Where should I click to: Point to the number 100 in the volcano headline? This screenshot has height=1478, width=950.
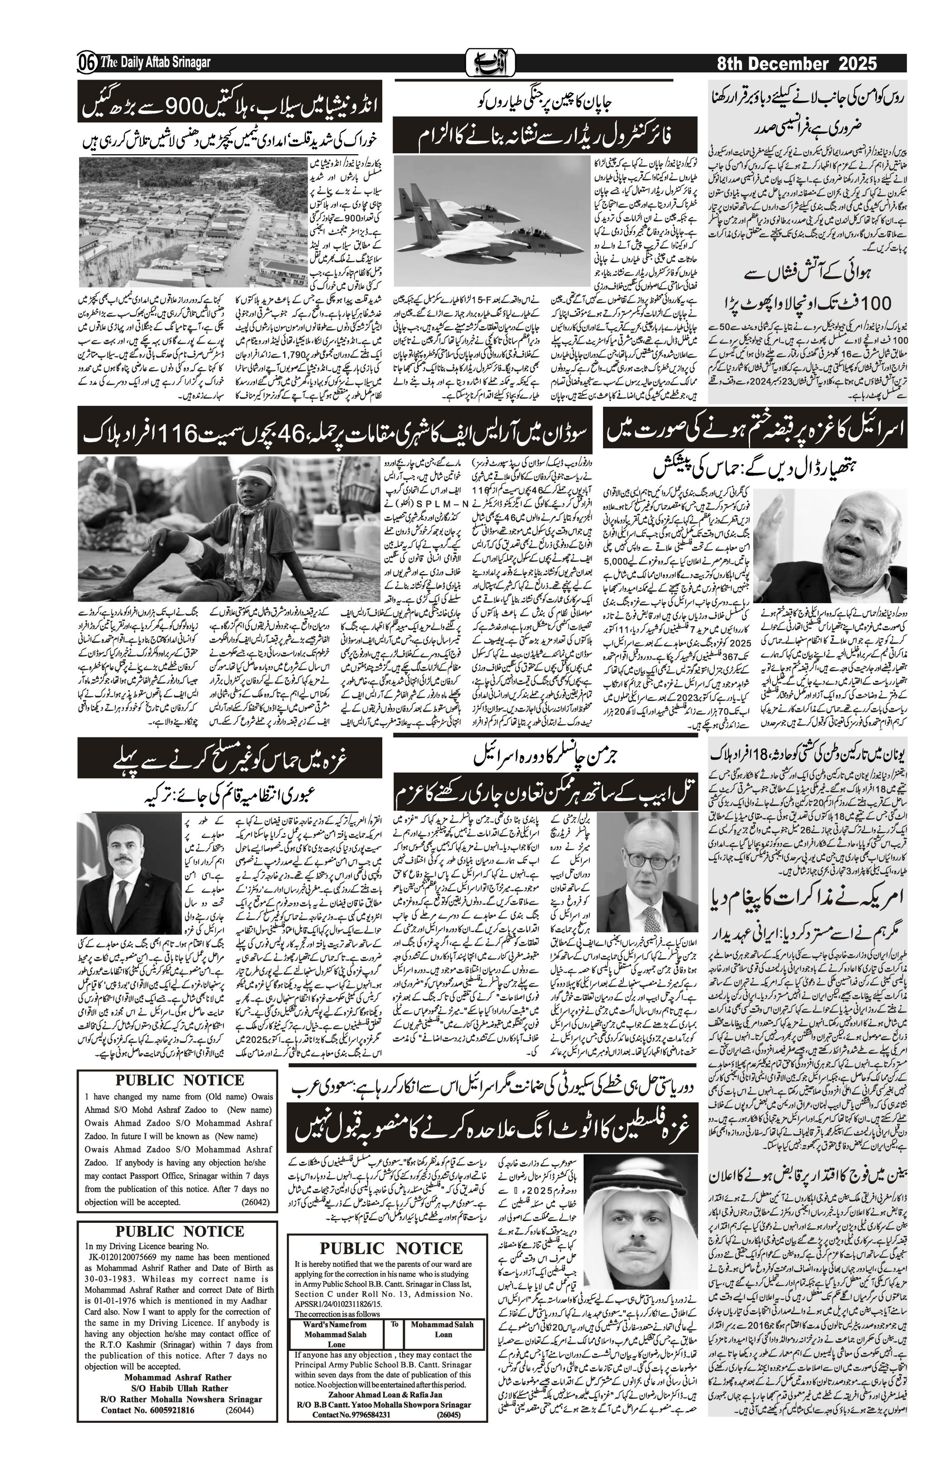click(869, 304)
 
